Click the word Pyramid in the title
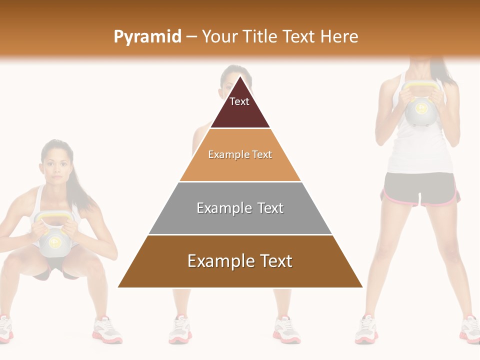point(147,36)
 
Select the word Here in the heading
point(339,36)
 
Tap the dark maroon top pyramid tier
point(240,107)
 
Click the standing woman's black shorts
point(420,189)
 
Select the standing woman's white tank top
point(420,145)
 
